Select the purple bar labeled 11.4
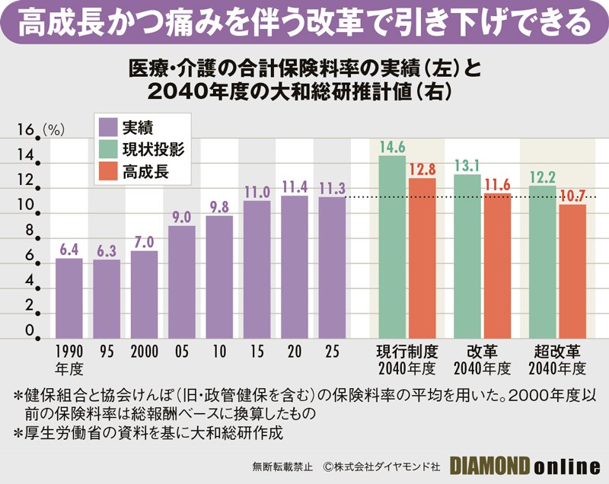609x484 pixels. pos(294,266)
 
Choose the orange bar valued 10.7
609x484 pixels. pos(572,271)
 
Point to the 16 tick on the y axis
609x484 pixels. pos(25,131)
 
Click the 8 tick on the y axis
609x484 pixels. pos(30,231)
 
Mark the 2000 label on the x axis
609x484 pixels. pos(144,352)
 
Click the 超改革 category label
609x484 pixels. pos(557,352)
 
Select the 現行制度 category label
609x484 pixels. pos(407,352)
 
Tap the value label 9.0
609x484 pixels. pos(181,218)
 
